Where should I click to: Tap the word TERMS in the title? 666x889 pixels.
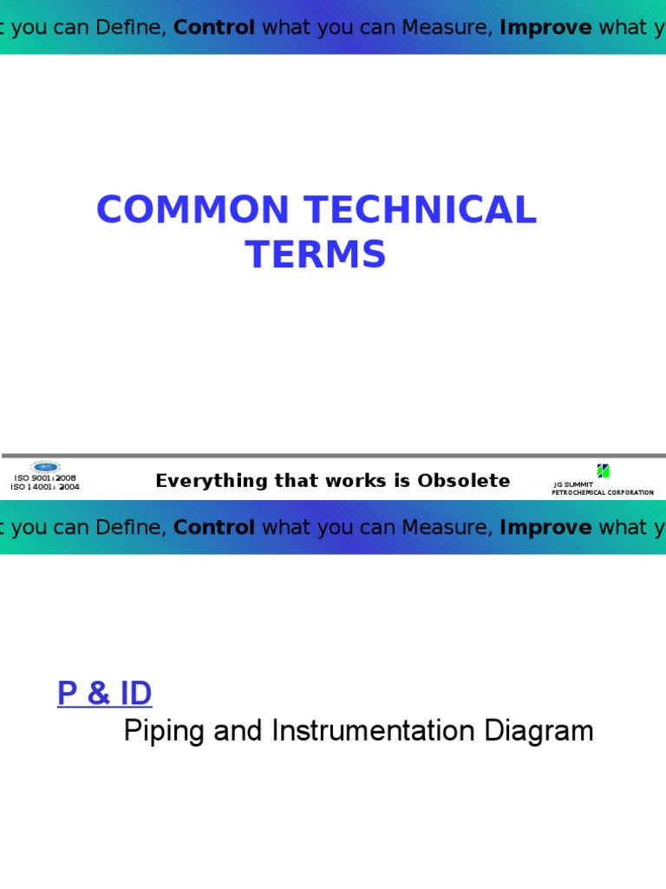(x=316, y=255)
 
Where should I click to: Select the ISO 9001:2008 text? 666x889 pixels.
(x=45, y=478)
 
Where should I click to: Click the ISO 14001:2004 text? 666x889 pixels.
(x=45, y=487)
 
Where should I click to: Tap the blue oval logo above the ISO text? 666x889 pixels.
(x=45, y=467)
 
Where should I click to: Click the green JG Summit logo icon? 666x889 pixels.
(x=604, y=471)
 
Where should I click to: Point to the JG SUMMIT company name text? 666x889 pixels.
(x=573, y=484)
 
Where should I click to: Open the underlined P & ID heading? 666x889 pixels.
(x=104, y=695)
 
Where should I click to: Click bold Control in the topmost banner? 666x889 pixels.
(x=214, y=28)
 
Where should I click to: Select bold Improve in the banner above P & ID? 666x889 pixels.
(x=545, y=528)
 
